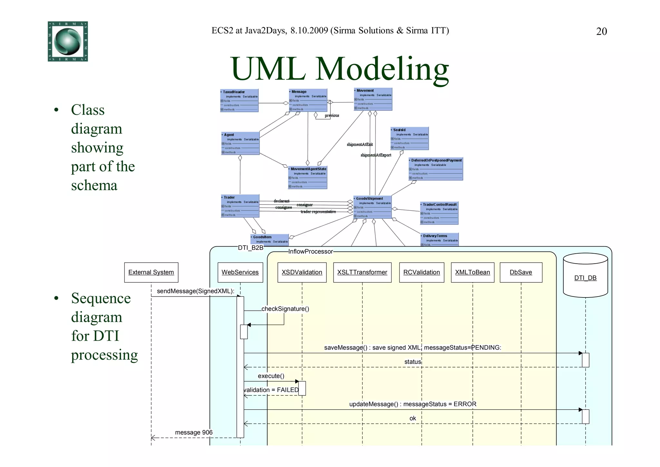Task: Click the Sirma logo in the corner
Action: click(68, 41)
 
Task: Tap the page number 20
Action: click(601, 32)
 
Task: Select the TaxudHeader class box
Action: click(239, 101)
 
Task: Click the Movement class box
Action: click(373, 99)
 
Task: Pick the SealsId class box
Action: click(409, 139)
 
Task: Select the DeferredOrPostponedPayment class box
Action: click(436, 169)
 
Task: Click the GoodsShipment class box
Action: click(373, 207)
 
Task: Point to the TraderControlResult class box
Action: click(439, 213)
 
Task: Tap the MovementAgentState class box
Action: click(308, 178)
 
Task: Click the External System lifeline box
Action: click(151, 272)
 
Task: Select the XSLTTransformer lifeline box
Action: click(362, 272)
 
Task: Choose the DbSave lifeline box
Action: click(521, 272)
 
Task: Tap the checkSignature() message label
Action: click(285, 309)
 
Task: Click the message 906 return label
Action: click(194, 433)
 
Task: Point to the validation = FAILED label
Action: click(271, 390)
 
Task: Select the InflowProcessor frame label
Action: click(310, 252)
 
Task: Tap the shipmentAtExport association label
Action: click(376, 155)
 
